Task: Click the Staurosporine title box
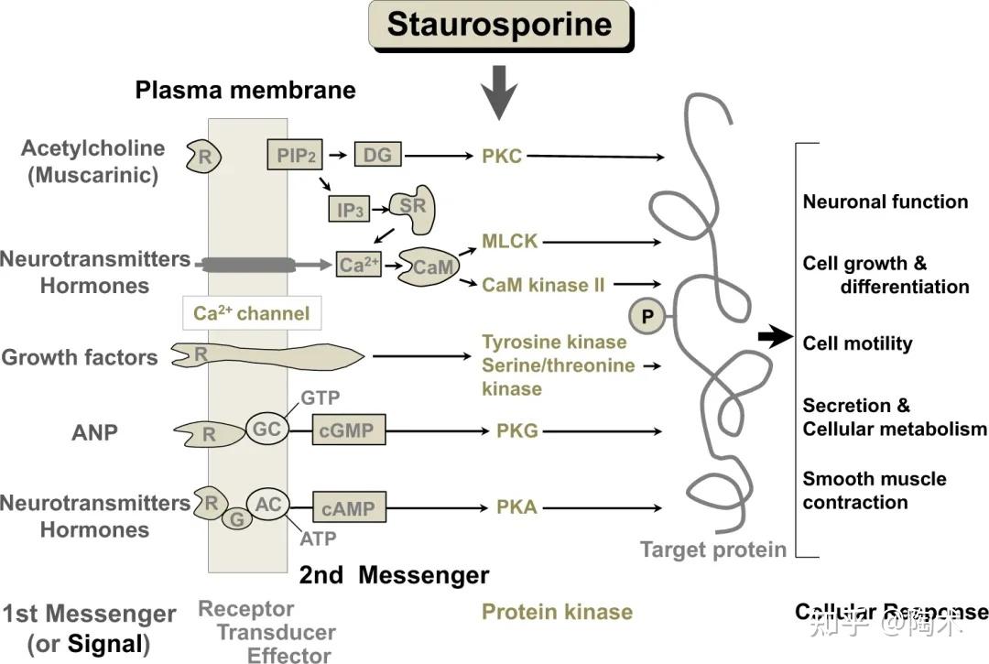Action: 499,26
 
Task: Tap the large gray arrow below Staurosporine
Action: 499,93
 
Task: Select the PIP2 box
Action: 296,155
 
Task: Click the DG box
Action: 377,155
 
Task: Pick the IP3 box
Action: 350,210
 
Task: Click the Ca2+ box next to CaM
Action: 358,265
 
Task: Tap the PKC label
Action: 502,156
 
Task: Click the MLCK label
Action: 510,242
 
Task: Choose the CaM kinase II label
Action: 543,285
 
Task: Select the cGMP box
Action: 349,430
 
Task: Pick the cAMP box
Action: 349,506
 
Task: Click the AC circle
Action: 268,504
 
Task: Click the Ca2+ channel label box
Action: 251,313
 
